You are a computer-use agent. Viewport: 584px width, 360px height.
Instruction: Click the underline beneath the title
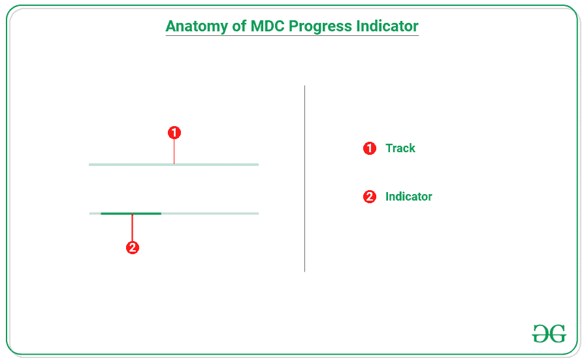point(292,36)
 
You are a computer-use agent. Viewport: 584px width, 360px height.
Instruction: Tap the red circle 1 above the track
point(174,133)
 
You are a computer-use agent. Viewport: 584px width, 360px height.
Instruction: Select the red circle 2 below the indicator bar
point(133,248)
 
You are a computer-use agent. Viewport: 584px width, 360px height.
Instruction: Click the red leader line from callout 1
point(174,152)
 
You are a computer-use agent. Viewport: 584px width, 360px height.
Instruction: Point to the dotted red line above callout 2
point(133,228)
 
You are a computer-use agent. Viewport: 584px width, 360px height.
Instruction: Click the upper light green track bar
point(216,165)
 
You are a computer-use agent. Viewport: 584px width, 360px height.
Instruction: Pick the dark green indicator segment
point(131,214)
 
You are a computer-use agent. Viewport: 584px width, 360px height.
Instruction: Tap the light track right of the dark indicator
point(209,214)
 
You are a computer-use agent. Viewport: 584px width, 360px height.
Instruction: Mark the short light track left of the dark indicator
point(95,214)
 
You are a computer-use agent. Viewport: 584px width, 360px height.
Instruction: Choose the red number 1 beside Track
point(370,148)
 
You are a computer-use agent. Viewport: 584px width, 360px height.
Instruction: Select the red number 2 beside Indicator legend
point(370,197)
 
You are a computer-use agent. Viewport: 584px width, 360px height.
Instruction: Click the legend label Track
point(400,148)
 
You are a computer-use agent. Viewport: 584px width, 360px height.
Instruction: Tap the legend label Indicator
point(409,197)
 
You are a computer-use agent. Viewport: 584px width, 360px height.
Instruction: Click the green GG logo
point(549,333)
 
